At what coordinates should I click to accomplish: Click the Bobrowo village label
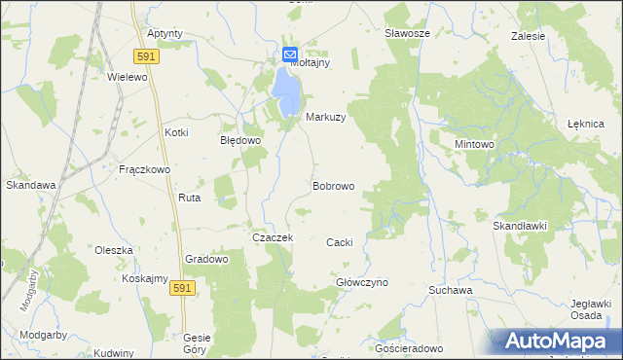tap(333, 185)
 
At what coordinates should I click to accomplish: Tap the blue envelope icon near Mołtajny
tap(290, 55)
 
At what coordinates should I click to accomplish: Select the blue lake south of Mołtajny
tap(286, 89)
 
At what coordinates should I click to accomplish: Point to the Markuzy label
tap(326, 117)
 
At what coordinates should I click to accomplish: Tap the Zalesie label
tap(528, 36)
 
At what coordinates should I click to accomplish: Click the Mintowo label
tap(475, 144)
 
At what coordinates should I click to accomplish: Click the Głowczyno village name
tap(362, 282)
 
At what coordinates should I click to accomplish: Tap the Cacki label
tap(339, 242)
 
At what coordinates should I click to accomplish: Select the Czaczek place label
tap(273, 237)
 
